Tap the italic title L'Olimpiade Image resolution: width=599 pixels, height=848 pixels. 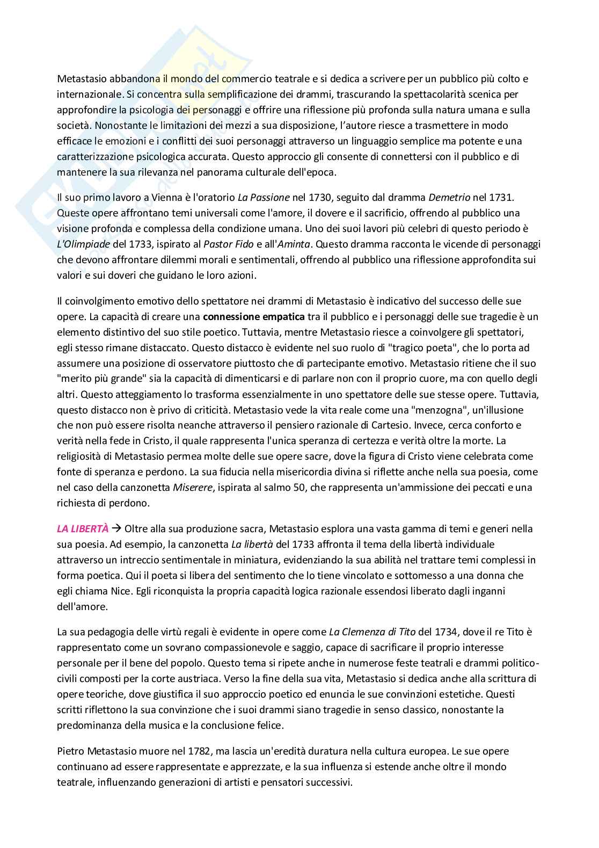pyautogui.click(x=83, y=244)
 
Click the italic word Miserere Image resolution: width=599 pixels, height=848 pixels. pyautogui.click(x=191, y=488)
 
